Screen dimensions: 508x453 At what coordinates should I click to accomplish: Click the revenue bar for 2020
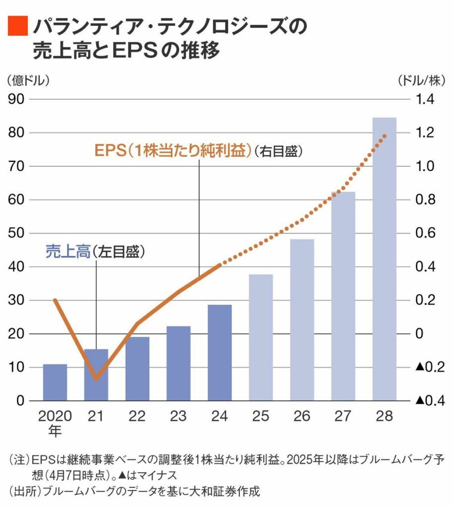pos(55,382)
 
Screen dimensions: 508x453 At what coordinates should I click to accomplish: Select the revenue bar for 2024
pos(220,353)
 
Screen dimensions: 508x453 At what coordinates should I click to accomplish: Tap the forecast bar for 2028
pos(385,259)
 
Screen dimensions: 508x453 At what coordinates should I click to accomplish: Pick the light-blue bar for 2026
pos(302,320)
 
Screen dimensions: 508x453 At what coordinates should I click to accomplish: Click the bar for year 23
pos(179,363)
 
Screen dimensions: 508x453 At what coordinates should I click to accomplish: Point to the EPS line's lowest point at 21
pos(96,380)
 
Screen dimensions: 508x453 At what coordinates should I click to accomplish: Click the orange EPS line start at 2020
pos(55,300)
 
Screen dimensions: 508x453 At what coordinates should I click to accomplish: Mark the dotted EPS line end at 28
pos(385,135)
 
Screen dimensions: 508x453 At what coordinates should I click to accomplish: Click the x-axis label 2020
pos(55,416)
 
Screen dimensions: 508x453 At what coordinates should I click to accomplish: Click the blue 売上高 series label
pos(67,251)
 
